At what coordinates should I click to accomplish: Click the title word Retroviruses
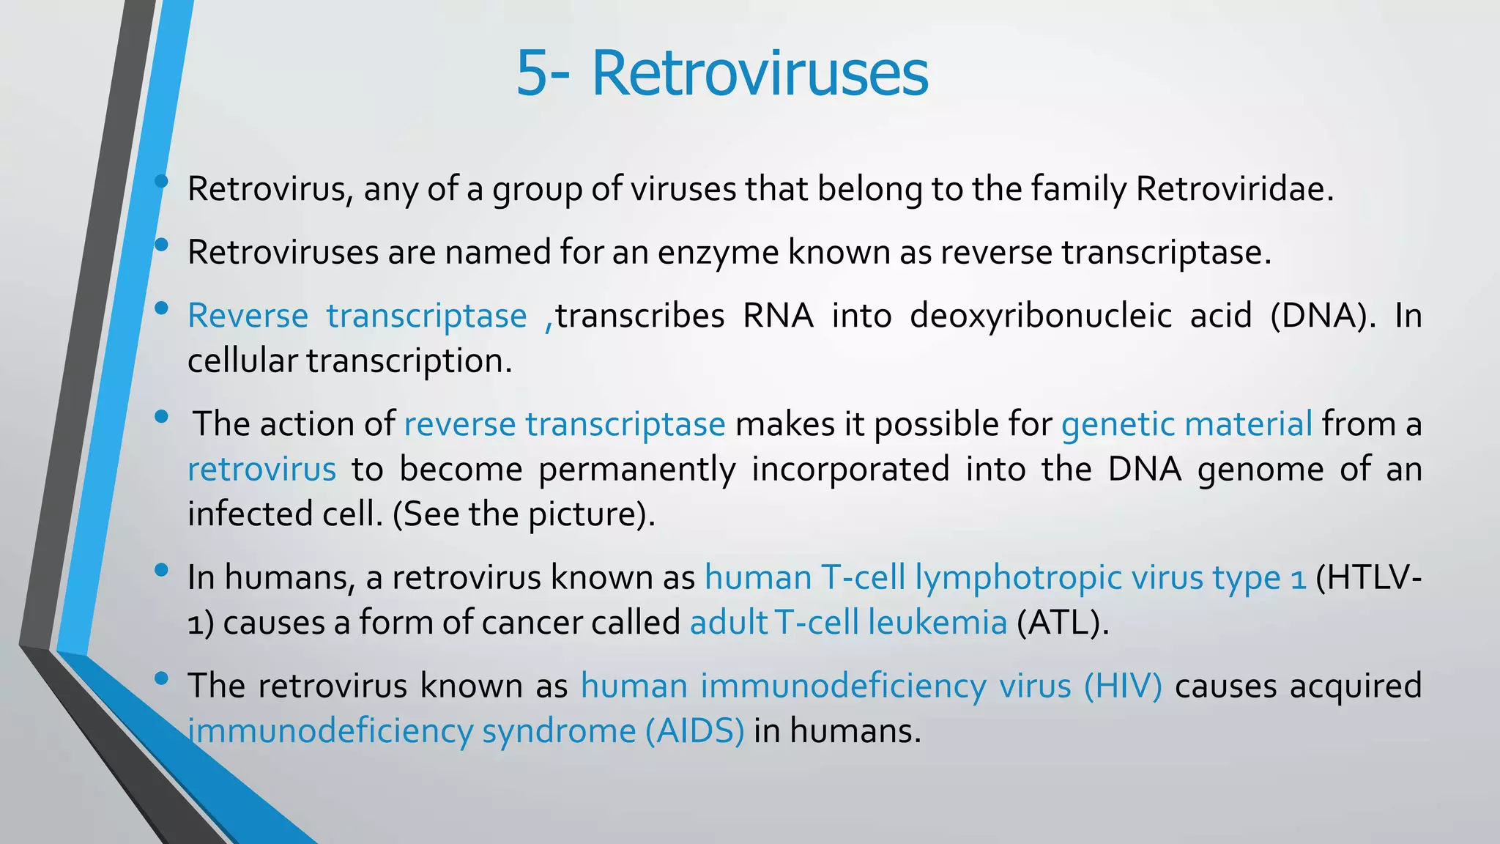[x=760, y=73]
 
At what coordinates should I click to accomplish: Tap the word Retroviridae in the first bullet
[x=1234, y=189]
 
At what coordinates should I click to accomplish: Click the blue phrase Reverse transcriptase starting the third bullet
[x=357, y=316]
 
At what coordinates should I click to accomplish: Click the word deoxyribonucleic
[x=1040, y=316]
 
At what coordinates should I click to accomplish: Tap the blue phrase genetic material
[x=1187, y=424]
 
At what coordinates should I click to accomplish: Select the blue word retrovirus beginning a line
[x=261, y=469]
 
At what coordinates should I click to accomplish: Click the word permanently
[x=636, y=469]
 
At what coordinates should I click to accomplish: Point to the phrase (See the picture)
[x=524, y=514]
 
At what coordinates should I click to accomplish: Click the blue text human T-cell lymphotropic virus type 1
[x=1005, y=577]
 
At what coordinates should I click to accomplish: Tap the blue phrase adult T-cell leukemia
[x=848, y=623]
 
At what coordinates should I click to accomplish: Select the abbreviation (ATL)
[x=1063, y=623]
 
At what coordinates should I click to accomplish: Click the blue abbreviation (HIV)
[x=1123, y=686]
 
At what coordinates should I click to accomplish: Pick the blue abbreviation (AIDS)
[x=694, y=731]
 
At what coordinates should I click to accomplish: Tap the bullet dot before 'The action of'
[x=162, y=417]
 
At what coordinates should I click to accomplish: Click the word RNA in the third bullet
[x=778, y=316]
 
